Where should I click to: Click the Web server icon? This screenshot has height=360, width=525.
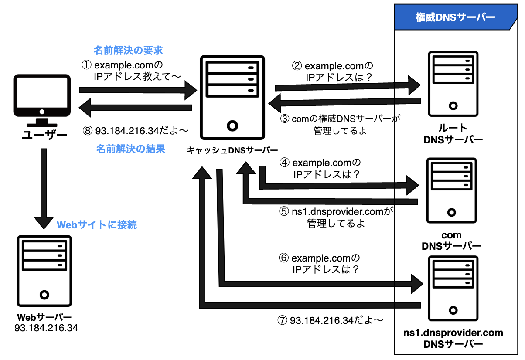[44, 270]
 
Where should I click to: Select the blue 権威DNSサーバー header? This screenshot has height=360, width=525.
[454, 17]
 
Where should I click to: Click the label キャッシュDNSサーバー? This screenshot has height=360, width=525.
[232, 150]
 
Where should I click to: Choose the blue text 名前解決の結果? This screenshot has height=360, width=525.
[131, 149]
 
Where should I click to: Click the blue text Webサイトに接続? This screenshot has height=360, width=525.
[97, 225]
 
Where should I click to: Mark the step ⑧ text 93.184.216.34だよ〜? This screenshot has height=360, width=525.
[135, 130]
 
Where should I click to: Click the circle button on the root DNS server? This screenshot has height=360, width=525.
[453, 106]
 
